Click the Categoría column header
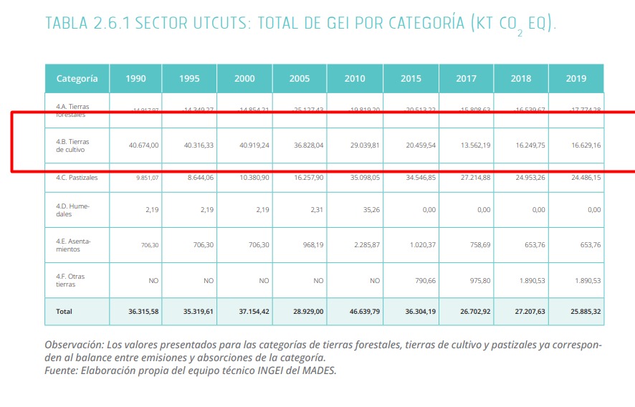coord(77,79)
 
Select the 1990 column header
coord(135,79)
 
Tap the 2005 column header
coord(300,79)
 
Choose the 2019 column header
coord(576,79)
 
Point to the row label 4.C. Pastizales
coord(77,178)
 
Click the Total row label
coord(64,312)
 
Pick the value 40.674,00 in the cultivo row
coord(143,145)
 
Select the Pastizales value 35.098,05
coord(364,178)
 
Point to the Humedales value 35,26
coord(370,209)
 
